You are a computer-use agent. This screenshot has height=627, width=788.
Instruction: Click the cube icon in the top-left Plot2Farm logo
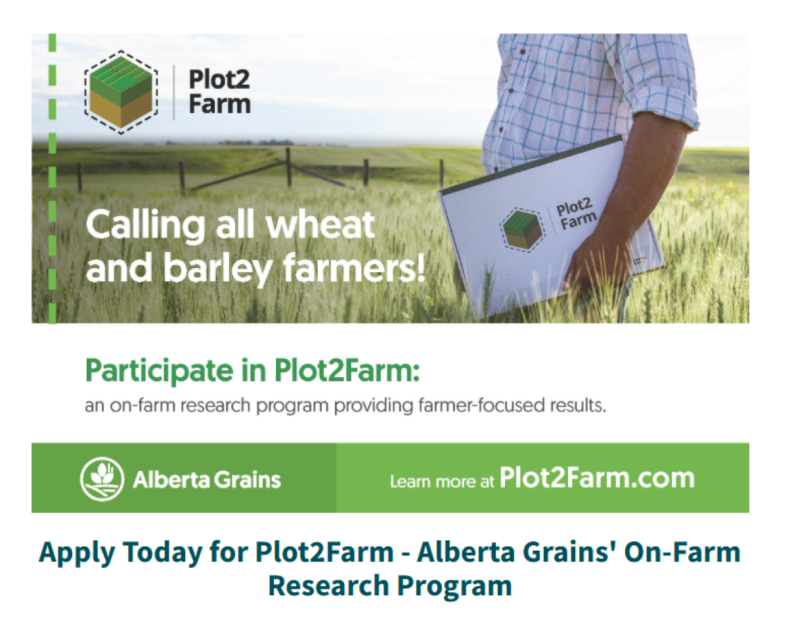[121, 92]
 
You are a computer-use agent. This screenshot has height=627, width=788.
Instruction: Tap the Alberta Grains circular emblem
[102, 478]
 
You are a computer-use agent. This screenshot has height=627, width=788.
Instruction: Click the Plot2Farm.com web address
[597, 478]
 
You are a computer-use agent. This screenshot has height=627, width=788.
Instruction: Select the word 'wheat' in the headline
[320, 224]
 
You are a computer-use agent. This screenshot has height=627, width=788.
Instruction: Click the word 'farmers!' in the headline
[354, 267]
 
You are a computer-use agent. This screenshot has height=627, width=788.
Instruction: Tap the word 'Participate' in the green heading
[159, 371]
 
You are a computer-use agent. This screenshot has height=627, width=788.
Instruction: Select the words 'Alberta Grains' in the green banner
[207, 479]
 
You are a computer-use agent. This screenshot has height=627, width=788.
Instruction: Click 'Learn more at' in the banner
[442, 482]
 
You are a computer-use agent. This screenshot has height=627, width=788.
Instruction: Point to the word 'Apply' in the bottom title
[76, 553]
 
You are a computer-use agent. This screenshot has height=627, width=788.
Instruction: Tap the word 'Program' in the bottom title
[454, 586]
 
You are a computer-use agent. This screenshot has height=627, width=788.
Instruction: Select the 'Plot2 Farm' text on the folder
[576, 214]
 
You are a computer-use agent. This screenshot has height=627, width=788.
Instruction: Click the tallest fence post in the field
[288, 167]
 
